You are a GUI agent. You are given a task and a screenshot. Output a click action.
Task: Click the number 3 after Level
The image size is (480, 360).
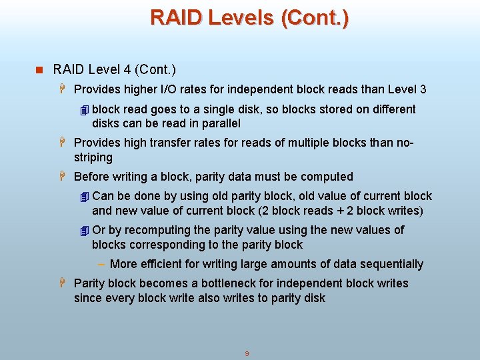tap(423, 89)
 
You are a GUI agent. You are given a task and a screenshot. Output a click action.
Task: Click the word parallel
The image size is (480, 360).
tap(219, 123)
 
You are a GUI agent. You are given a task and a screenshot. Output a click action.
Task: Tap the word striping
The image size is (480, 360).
tap(93, 157)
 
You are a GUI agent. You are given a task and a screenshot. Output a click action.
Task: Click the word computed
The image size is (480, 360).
tap(327, 177)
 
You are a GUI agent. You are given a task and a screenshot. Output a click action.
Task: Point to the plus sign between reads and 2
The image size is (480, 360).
tap(339, 211)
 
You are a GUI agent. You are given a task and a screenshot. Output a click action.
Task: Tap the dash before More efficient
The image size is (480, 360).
tap(103, 264)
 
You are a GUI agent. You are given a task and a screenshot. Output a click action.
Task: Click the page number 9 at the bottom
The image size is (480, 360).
tap(247, 353)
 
